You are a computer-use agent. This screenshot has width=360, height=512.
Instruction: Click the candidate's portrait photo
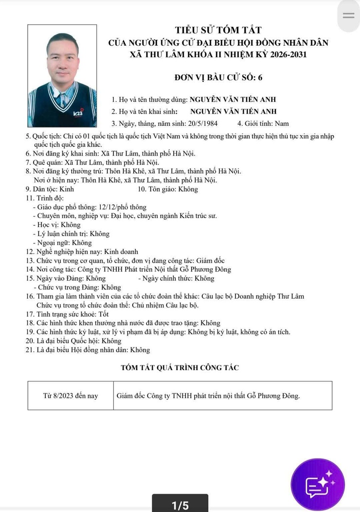pyautogui.click(x=62, y=76)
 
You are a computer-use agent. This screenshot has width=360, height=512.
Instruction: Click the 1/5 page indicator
pyautogui.click(x=180, y=505)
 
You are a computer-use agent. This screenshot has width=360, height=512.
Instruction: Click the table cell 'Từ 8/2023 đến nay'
pyautogui.click(x=71, y=395)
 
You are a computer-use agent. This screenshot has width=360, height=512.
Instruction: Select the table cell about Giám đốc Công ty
pyautogui.click(x=208, y=395)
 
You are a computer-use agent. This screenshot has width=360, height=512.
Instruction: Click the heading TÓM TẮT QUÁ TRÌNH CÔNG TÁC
pyautogui.click(x=180, y=367)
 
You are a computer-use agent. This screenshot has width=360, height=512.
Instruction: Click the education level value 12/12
pyautogui.click(x=107, y=207)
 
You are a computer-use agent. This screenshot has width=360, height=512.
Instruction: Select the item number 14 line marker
pyautogui.click(x=30, y=269)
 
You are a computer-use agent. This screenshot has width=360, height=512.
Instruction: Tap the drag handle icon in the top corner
pyautogui.click(x=349, y=16)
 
